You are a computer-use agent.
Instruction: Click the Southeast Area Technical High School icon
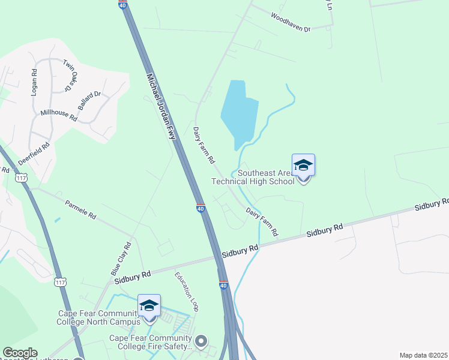[x=303, y=165]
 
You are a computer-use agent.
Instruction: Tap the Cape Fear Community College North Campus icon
[x=149, y=305]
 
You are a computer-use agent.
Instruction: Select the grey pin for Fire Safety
[x=201, y=341]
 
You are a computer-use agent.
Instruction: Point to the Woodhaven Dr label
[x=290, y=22]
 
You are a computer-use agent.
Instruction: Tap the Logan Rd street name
[x=34, y=82]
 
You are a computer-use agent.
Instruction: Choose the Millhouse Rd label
[x=59, y=115]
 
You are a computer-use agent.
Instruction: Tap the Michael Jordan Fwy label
[x=161, y=107]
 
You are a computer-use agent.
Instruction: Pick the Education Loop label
[x=186, y=292]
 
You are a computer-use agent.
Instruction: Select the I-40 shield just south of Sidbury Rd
[x=223, y=285]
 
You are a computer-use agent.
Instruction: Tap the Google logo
[x=19, y=353]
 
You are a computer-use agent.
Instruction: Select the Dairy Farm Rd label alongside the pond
[x=203, y=145]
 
